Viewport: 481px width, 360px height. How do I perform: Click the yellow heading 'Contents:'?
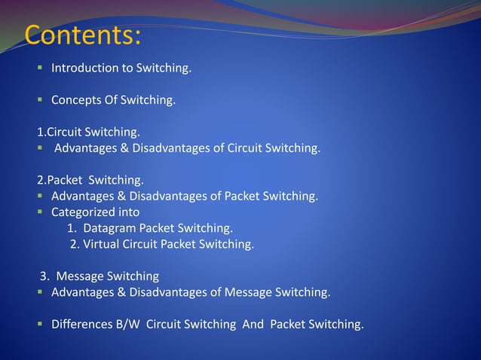[83, 35]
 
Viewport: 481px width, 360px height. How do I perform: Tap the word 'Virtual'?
[103, 243]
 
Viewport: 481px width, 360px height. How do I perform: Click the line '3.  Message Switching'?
[100, 276]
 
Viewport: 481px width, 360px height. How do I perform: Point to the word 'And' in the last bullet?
[253, 325]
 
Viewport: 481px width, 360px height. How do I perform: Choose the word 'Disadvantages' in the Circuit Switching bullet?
[168, 148]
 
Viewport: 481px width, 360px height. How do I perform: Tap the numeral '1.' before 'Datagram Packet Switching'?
[72, 227]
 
